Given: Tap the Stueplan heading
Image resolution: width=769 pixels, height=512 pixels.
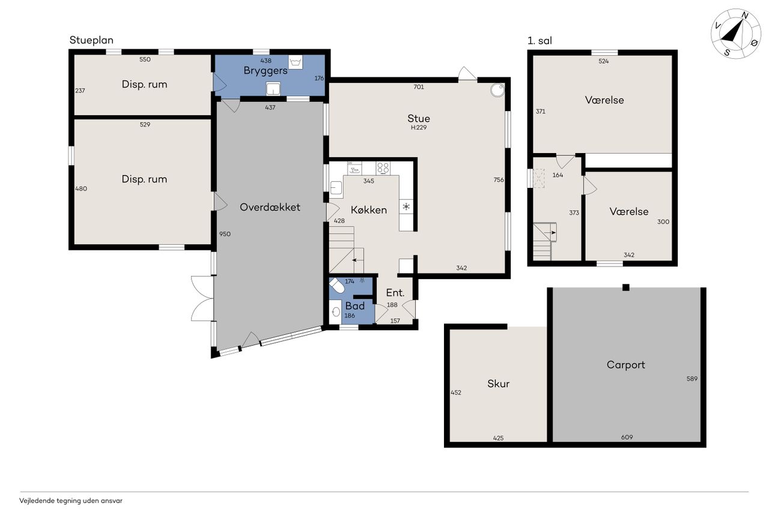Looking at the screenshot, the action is click(x=91, y=40).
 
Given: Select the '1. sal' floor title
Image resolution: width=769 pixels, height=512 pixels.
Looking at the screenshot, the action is click(x=540, y=41).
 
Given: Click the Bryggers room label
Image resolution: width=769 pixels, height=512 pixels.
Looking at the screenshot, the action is click(x=266, y=71).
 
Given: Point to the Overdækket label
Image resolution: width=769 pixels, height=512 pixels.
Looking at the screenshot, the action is click(x=270, y=207).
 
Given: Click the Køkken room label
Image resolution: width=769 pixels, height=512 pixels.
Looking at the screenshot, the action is click(x=369, y=210).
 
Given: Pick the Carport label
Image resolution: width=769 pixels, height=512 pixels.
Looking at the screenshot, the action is click(x=626, y=365).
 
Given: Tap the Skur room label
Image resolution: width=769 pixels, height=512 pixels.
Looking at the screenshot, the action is click(x=498, y=384).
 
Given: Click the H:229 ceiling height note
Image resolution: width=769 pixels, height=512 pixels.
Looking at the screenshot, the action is click(x=419, y=128).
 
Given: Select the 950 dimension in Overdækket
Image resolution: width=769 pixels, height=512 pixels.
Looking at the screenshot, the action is click(x=225, y=234).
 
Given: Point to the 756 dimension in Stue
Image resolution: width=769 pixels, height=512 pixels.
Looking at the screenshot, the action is click(x=499, y=179).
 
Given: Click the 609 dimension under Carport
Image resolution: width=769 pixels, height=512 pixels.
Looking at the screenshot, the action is click(x=627, y=437).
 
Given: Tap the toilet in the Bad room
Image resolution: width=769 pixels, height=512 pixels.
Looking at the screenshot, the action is click(x=337, y=285).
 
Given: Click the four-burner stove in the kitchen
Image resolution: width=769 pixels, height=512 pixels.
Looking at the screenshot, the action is click(x=383, y=168).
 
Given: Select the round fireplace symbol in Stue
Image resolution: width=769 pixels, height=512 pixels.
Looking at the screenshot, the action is click(x=497, y=90).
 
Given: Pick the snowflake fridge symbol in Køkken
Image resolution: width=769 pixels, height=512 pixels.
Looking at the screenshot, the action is click(x=407, y=206).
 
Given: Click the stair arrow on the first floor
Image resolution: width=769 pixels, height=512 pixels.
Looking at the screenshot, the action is click(x=552, y=232).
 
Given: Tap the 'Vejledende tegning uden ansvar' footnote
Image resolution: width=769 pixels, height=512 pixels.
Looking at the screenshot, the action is click(x=71, y=501).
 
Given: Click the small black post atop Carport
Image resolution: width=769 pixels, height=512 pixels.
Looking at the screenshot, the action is click(x=626, y=288).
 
